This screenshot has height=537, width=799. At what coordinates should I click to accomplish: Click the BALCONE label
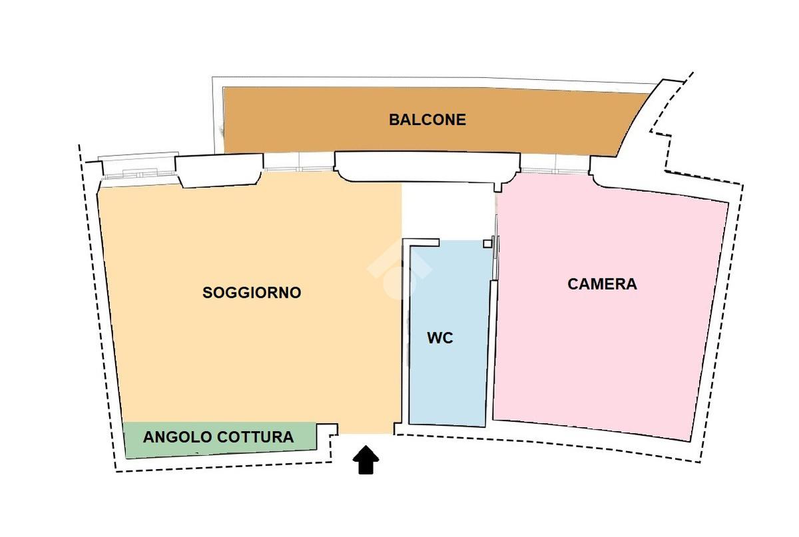(427, 120)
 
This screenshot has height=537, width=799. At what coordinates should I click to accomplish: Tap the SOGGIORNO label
(252, 292)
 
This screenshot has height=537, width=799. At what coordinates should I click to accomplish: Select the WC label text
(439, 338)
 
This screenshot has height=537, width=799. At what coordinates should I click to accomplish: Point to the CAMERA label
(602, 284)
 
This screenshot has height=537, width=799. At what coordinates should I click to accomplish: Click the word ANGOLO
(178, 438)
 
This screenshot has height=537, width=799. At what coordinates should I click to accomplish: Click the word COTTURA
(255, 438)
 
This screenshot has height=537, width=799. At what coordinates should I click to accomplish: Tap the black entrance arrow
(366, 460)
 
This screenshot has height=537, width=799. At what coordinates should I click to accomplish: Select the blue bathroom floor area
(446, 386)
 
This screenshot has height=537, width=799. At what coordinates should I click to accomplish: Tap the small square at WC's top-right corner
(487, 243)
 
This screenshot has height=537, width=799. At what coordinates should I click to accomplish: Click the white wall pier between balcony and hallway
(426, 167)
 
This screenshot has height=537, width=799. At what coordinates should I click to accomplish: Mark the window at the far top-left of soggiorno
(136, 167)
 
